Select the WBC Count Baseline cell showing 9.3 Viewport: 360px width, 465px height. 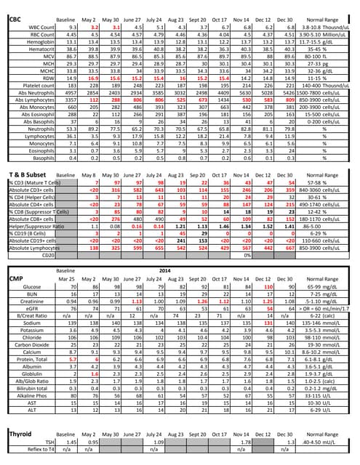pos(71,27)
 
